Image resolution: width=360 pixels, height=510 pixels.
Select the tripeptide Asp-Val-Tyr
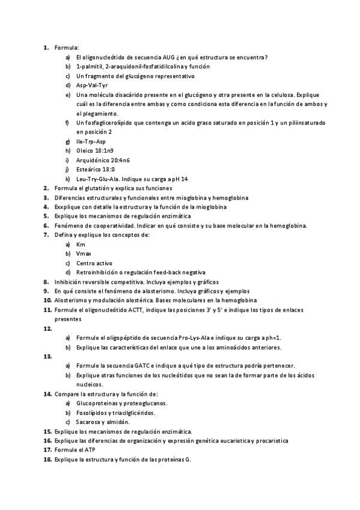(x=92, y=85)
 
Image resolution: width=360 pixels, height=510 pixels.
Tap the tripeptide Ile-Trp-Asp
(x=91, y=141)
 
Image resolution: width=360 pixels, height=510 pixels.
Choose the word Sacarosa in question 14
(x=90, y=422)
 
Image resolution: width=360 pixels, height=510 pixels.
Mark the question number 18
(x=47, y=459)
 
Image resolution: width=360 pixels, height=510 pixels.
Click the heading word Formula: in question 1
(x=67, y=48)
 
